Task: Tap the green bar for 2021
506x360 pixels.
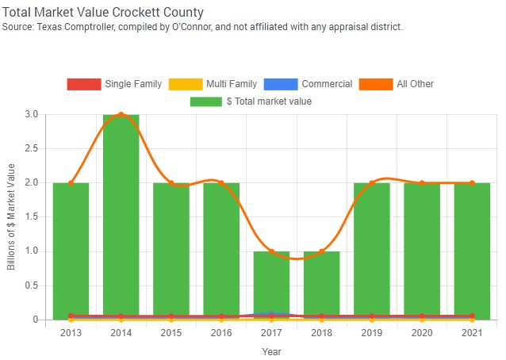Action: [x=472, y=250]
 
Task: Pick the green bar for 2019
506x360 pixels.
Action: [x=371, y=250]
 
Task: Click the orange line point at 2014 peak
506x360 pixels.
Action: [x=121, y=114]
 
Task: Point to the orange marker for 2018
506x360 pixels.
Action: [x=321, y=251]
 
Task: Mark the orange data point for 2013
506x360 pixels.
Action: [x=71, y=183]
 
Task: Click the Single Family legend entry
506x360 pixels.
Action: [x=115, y=84]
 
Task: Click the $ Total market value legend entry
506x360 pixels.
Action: [x=251, y=101]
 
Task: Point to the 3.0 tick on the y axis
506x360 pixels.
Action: [x=32, y=114]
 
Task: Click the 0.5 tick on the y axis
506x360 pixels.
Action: [x=32, y=285]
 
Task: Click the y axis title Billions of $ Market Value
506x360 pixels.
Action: [x=11, y=216]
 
